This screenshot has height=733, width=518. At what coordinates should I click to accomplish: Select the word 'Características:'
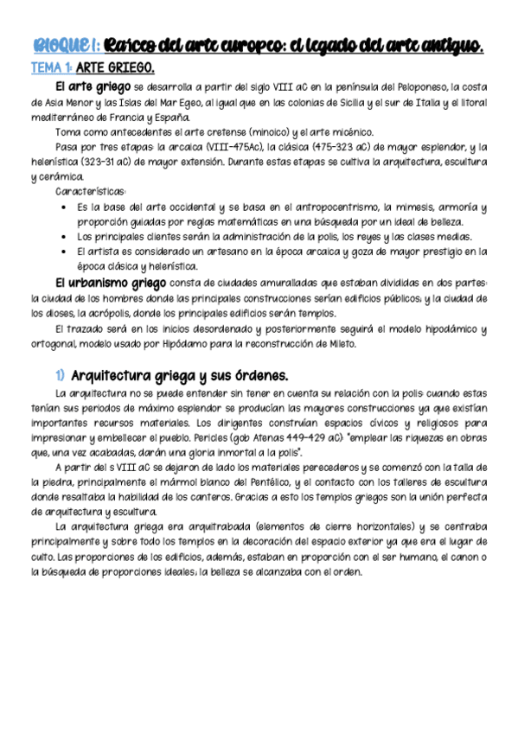[91, 191]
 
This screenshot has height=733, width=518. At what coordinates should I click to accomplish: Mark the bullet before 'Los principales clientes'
[66, 237]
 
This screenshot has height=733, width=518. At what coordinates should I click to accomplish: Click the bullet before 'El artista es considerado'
[66, 252]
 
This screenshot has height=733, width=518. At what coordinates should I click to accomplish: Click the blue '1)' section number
[60, 375]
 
